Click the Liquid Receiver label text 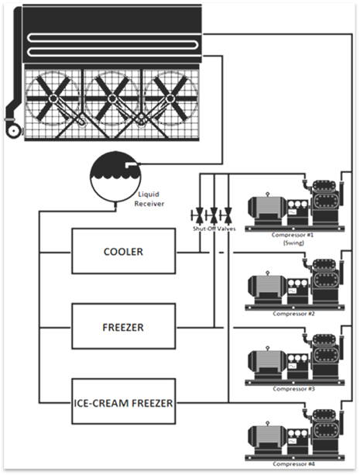149,198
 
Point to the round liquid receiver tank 115,177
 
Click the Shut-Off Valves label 214,229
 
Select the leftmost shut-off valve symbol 199,215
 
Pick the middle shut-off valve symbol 214,215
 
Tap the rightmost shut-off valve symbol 228,215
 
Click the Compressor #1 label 293,235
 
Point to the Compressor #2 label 293,314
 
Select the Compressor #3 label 293,389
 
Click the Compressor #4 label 293,464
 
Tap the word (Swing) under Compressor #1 293,243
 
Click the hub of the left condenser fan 53,98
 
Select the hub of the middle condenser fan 112,98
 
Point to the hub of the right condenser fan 170,98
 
